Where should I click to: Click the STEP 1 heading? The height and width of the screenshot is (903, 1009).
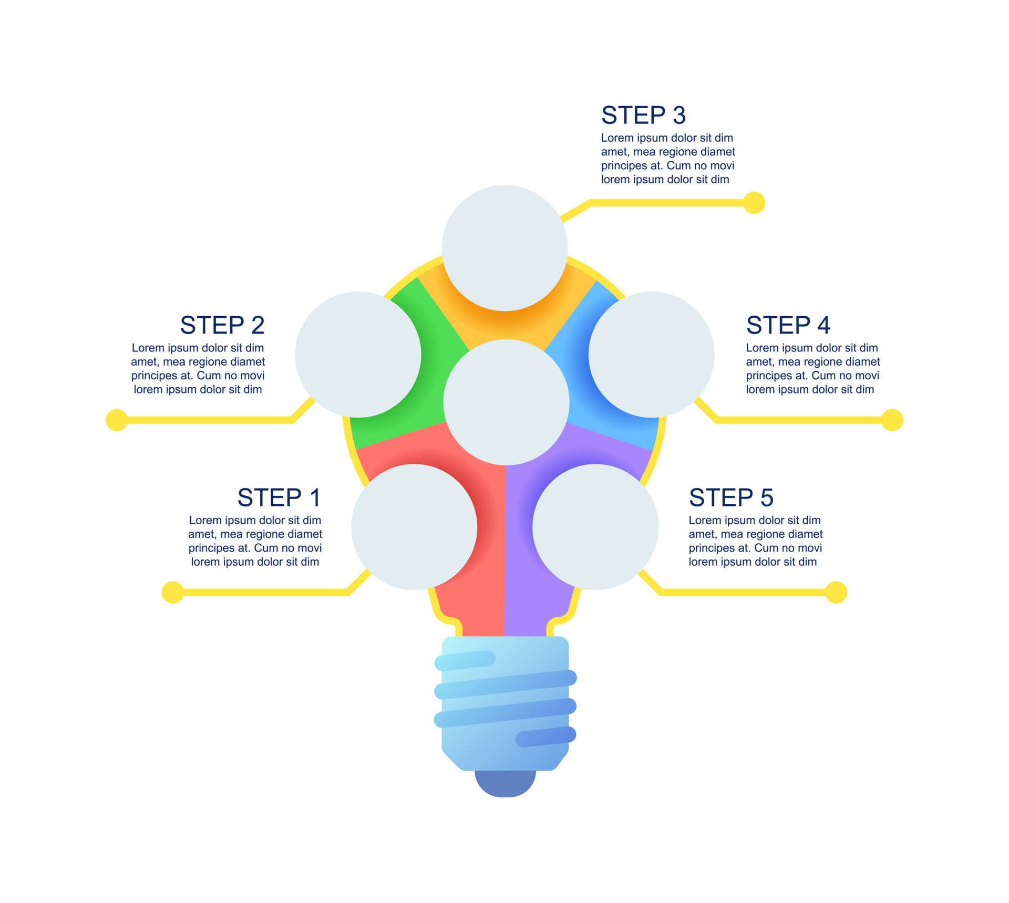pos(279,497)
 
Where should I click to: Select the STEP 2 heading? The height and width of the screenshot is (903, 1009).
pos(222,325)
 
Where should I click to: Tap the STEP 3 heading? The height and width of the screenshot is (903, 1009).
pos(643,115)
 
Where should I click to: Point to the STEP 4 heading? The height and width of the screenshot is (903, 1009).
pos(788,325)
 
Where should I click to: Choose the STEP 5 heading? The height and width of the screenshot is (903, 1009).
pos(731,497)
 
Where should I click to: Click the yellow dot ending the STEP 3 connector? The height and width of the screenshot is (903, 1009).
pos(754,203)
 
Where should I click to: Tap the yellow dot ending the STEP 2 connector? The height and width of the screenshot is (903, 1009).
pos(117,420)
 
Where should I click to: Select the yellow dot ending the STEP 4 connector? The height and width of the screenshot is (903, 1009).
pos(892,420)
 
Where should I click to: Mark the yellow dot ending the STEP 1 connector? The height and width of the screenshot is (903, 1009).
pos(173,593)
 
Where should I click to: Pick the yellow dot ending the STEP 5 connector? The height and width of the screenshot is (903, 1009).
pos(836,593)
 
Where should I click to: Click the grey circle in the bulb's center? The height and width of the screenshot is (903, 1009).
pos(506,402)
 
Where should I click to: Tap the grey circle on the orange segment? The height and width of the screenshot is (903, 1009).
pos(504,248)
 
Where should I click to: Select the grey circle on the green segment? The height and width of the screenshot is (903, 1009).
pos(358,355)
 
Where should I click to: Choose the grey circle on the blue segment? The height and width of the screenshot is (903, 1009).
pos(651,355)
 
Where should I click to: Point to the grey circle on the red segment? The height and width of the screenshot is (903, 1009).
pos(414,527)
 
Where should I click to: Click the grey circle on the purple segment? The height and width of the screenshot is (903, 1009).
pos(595,527)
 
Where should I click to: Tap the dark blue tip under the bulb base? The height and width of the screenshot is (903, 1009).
pos(505,784)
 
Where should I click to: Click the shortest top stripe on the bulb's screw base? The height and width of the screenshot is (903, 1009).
pos(465,660)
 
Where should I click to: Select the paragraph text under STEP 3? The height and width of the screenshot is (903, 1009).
pos(668,159)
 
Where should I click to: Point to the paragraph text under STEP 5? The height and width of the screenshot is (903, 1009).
pos(756,541)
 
